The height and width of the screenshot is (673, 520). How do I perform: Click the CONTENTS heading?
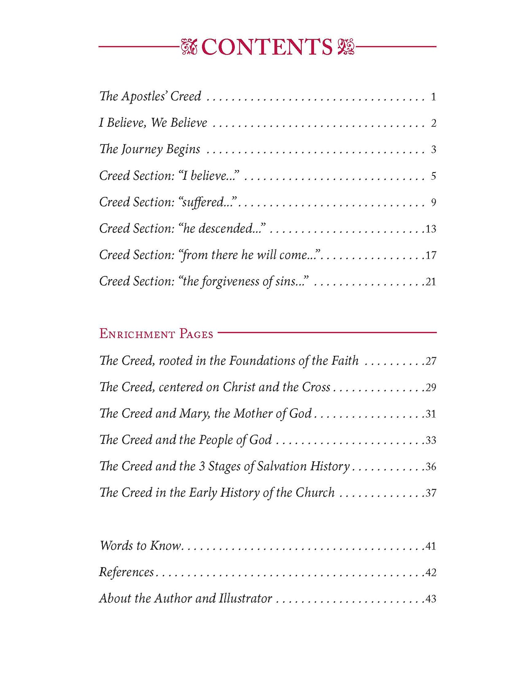(x=267, y=47)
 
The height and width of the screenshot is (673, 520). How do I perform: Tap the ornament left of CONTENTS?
(x=189, y=47)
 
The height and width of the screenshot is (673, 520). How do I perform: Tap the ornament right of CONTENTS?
(x=346, y=47)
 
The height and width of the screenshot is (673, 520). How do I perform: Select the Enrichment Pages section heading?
(x=156, y=334)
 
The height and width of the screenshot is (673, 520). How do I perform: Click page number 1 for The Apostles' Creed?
(x=433, y=97)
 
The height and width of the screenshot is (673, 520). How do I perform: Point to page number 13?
(x=431, y=229)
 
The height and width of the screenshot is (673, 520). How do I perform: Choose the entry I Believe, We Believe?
(x=153, y=123)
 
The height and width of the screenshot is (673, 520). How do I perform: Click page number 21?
(x=431, y=282)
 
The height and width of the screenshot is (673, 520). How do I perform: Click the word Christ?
(x=239, y=387)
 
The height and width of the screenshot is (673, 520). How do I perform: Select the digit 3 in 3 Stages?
(x=202, y=467)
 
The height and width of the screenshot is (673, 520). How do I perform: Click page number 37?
(x=431, y=493)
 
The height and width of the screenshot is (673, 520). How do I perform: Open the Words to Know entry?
(x=140, y=545)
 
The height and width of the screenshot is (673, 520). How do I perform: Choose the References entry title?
(x=126, y=572)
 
